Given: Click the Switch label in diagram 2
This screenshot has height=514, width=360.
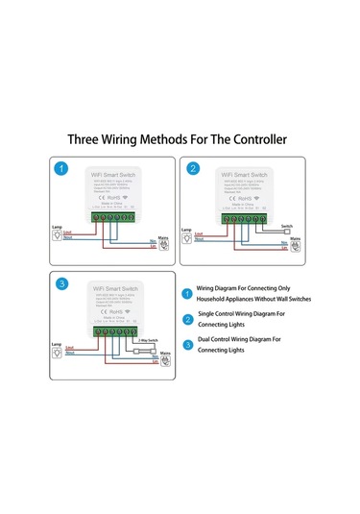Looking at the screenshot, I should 287,226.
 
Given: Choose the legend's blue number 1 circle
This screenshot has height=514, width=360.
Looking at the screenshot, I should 187,291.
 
